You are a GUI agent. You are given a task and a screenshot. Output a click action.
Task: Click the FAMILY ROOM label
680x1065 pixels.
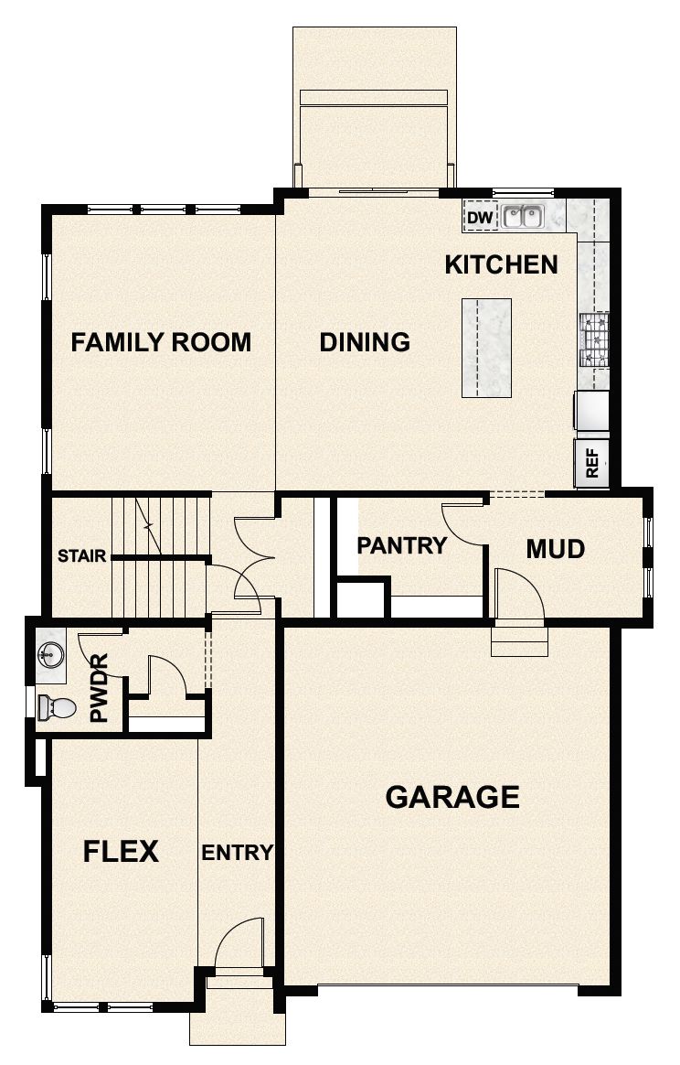[x=161, y=342]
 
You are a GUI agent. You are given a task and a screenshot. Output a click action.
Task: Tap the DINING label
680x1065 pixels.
[x=365, y=342]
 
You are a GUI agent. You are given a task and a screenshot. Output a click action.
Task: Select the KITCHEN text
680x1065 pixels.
[x=501, y=265]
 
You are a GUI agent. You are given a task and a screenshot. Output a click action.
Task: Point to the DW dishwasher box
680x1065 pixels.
[x=479, y=218]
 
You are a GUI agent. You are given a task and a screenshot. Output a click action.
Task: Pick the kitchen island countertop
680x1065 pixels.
[x=486, y=348]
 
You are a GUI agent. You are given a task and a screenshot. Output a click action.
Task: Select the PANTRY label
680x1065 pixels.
[x=401, y=546]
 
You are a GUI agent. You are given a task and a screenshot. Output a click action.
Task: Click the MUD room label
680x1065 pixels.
[x=555, y=549]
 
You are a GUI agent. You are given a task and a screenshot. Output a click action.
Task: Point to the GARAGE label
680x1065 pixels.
[x=452, y=797]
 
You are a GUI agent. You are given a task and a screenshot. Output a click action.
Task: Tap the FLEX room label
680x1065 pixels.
[x=121, y=852]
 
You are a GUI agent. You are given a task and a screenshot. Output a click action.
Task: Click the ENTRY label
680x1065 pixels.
[x=237, y=853]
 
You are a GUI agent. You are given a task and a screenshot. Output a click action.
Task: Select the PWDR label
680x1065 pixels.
[x=99, y=687]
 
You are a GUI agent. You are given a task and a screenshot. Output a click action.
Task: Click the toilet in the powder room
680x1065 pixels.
[x=57, y=706]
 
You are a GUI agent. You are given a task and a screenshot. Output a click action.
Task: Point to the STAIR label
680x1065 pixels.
[x=82, y=555]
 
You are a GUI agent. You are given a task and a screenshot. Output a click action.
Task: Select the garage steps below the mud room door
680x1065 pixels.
[x=517, y=640]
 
